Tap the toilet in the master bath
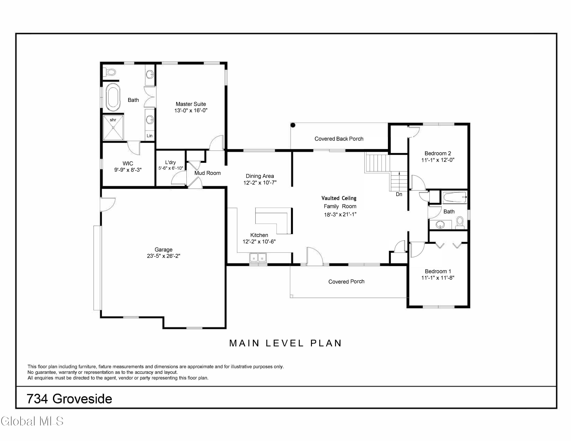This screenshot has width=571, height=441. (x=110, y=72)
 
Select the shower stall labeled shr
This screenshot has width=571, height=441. (x=113, y=128)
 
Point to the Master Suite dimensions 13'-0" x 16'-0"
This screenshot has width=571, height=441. (x=191, y=110)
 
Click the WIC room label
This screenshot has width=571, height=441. (x=128, y=163)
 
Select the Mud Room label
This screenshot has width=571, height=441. (x=207, y=173)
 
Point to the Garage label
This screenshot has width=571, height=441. (x=163, y=250)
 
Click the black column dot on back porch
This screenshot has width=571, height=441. (x=293, y=125)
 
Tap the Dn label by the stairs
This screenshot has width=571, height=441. (x=399, y=194)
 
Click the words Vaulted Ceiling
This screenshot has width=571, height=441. (x=339, y=198)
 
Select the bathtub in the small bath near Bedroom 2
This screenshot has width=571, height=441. (x=454, y=197)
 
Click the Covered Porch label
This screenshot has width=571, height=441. (x=346, y=281)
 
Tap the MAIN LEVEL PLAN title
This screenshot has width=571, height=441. (x=285, y=343)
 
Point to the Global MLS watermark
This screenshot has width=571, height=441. (x=32, y=421)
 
